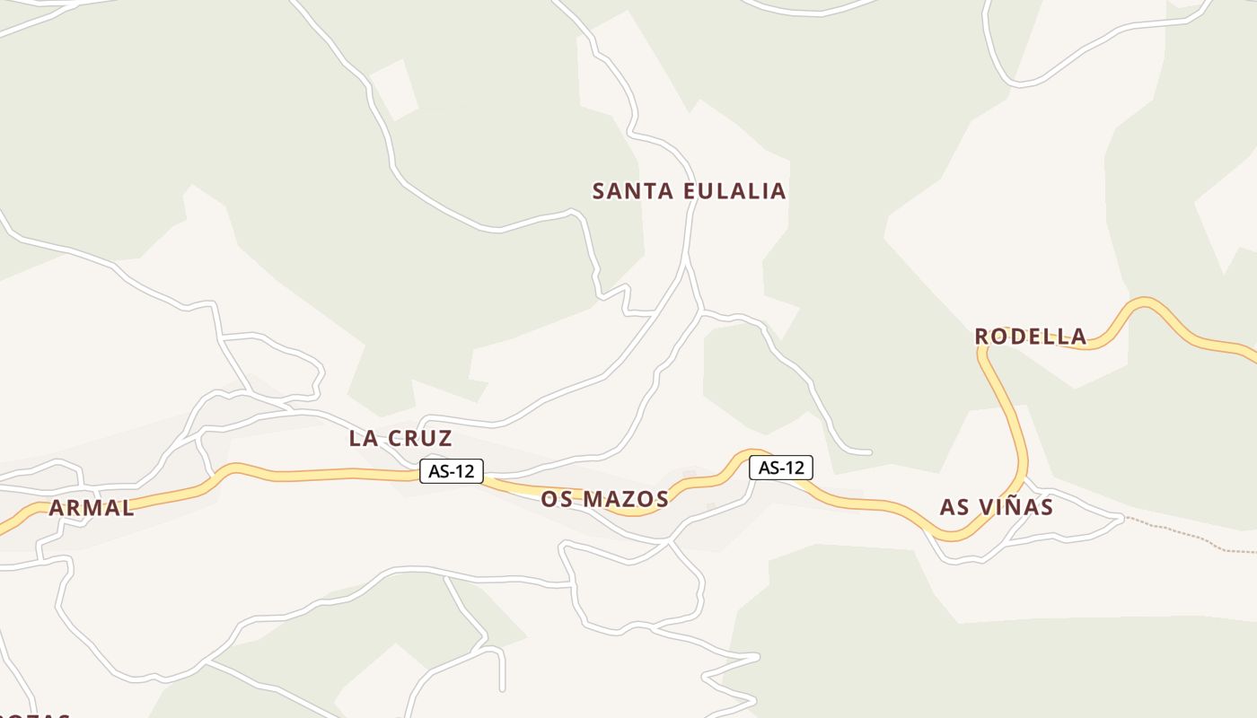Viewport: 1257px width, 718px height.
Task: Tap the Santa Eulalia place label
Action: [689, 191]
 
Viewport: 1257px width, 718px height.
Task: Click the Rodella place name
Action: [1030, 337]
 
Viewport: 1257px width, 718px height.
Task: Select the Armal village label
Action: [92, 508]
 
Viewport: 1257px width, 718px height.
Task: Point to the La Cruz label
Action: [400, 439]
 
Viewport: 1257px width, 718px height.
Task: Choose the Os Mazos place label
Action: [604, 500]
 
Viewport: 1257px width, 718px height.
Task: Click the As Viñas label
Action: [996, 507]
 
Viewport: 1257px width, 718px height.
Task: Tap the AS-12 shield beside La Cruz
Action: [452, 471]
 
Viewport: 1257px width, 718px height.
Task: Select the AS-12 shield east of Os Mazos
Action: [781, 468]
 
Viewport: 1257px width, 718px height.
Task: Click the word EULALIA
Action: [734, 191]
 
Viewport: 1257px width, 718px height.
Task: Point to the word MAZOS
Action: [626, 500]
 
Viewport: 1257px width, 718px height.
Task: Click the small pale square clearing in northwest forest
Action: [395, 90]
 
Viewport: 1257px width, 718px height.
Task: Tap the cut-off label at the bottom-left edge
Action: [36, 715]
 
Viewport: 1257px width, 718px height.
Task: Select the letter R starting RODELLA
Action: [982, 337]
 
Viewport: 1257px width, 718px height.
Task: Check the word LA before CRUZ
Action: [362, 439]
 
